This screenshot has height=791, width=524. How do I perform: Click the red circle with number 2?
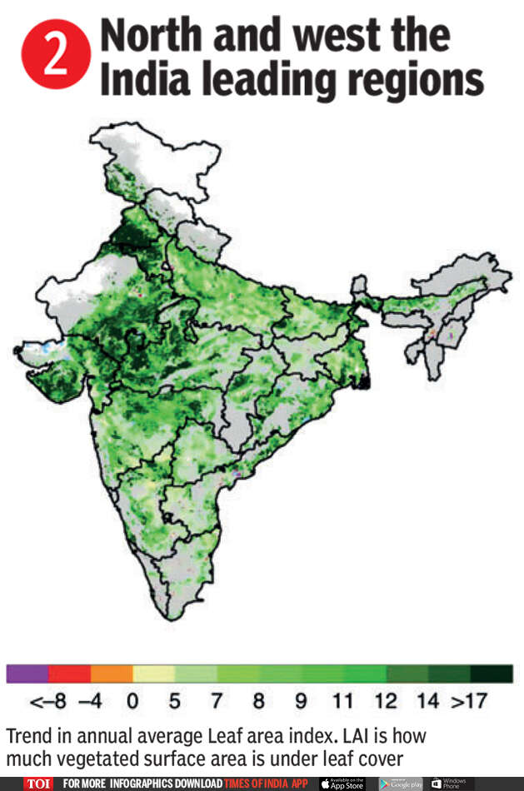pos(56,56)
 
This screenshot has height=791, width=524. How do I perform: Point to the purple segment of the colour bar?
pos(27,674)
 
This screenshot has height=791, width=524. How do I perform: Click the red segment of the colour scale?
pos(69,674)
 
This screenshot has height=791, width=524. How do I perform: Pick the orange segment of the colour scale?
pos(112,674)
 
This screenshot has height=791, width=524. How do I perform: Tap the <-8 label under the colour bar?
pos(48,702)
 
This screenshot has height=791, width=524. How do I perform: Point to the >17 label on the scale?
pos(469,702)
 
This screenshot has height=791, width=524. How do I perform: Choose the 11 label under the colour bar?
pos(342,702)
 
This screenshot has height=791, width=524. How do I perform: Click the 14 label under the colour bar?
pos(427,702)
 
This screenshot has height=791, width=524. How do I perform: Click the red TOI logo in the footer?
pos(38,784)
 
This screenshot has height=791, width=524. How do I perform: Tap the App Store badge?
pos(342,784)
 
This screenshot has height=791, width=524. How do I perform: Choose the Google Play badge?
pos(401,784)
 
